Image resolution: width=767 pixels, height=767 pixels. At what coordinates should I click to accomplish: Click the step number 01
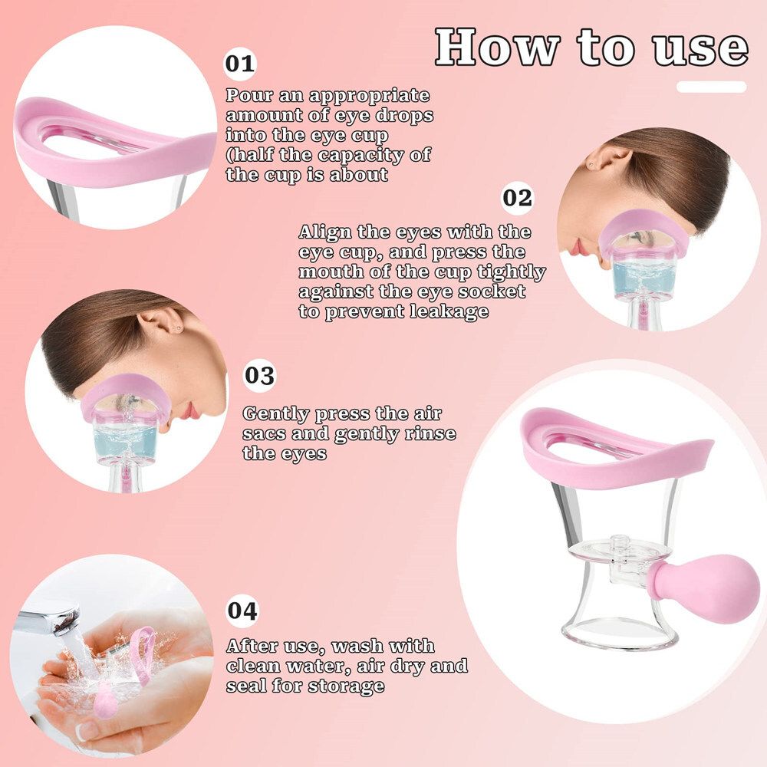click(240, 64)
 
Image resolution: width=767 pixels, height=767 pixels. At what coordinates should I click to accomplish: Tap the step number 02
click(517, 198)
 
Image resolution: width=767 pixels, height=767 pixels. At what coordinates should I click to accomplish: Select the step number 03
click(260, 376)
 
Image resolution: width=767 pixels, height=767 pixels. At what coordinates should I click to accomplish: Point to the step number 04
click(242, 611)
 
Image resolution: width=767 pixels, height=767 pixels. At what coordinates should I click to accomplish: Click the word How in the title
click(498, 47)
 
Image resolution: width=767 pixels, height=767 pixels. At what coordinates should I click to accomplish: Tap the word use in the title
click(700, 49)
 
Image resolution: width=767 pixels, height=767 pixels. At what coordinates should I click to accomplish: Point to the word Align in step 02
click(325, 232)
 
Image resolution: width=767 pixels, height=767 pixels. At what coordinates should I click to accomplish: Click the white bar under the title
click(711, 87)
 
